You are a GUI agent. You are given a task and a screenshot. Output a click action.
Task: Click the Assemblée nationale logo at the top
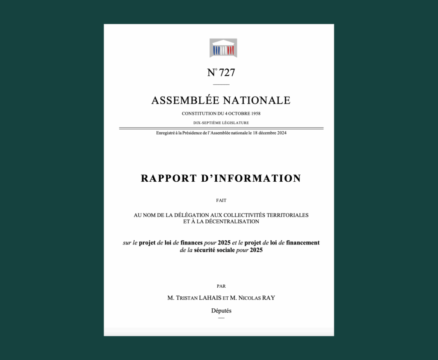coord(223,48)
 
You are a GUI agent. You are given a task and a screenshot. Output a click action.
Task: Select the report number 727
coord(227,73)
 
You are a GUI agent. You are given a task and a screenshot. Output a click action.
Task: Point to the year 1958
coord(254,114)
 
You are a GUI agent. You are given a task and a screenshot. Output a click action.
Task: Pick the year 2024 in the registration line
coord(281,133)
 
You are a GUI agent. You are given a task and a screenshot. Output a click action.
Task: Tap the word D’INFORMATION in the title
coord(252,178)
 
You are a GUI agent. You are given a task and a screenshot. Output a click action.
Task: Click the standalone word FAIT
coord(221,201)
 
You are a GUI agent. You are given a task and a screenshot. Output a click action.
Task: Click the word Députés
coord(221,311)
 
